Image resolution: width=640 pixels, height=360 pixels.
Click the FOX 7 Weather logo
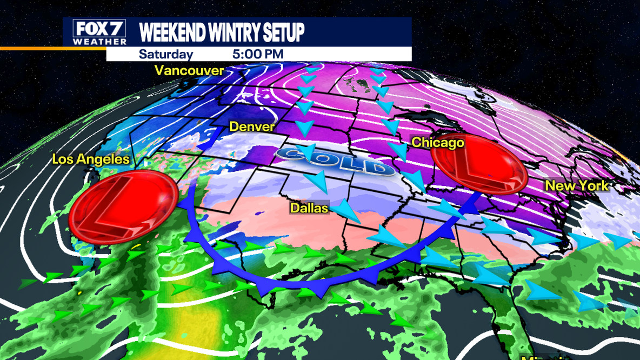(100, 32)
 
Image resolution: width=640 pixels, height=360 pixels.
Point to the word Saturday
(165, 55)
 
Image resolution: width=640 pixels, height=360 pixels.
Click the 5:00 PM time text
(258, 55)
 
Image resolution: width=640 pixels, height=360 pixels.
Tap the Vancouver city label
(189, 70)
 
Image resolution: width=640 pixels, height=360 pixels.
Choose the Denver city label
(252, 126)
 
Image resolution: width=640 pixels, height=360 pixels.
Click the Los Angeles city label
(91, 159)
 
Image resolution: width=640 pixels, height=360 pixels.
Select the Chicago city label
(438, 142)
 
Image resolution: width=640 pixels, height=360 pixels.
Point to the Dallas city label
(309, 208)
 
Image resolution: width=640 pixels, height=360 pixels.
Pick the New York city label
(577, 185)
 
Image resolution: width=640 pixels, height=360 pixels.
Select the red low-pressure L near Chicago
(479, 165)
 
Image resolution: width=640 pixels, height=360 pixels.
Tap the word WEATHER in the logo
(100, 42)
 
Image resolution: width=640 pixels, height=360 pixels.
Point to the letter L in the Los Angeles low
(120, 208)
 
